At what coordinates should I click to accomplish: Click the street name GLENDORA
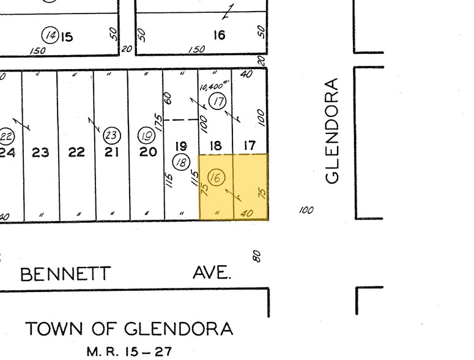click(333, 130)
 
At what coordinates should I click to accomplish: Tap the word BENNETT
click(66, 274)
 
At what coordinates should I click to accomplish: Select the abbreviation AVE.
click(212, 272)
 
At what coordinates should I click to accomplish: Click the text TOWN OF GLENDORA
click(129, 329)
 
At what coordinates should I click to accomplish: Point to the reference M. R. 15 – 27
click(129, 351)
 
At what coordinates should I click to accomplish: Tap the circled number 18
click(182, 162)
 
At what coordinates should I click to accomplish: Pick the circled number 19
click(146, 135)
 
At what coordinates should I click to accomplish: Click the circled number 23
click(111, 135)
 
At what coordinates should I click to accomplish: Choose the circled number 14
click(51, 36)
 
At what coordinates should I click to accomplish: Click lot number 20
click(147, 151)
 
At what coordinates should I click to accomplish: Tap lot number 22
click(76, 152)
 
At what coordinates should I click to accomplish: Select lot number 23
click(40, 152)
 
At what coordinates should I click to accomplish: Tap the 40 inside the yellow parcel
click(247, 212)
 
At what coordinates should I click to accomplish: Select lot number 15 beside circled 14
click(66, 37)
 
